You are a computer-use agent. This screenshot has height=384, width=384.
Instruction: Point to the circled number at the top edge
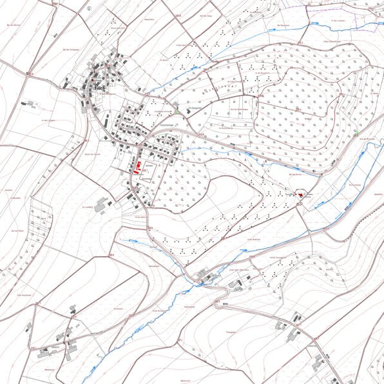click(89, 9)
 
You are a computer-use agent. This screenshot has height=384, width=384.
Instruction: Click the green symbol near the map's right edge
click(355, 132)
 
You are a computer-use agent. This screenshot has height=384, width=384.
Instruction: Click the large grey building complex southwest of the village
click(101, 206)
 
